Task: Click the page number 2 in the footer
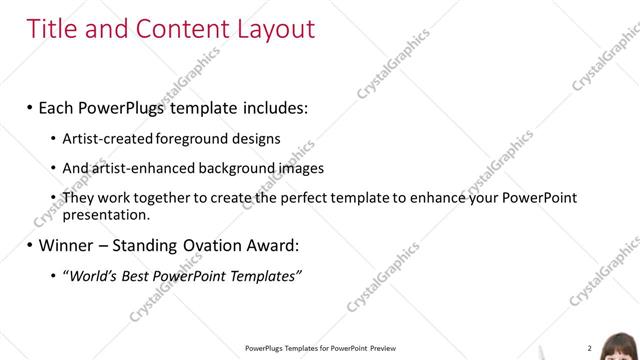(589, 348)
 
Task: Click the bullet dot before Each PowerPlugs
(30, 106)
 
